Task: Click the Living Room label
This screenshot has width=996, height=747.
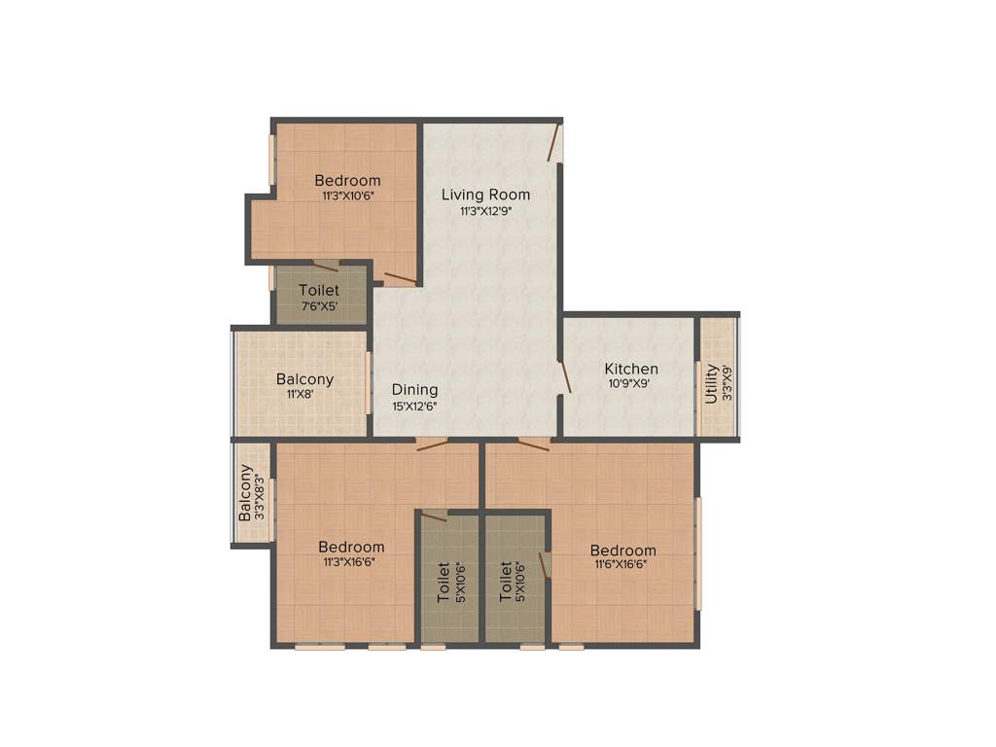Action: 485,195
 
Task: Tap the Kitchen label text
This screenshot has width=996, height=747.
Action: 631,369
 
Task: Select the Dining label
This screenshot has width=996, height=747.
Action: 414,390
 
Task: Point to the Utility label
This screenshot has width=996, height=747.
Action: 711,383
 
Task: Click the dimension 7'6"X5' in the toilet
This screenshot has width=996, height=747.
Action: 319,306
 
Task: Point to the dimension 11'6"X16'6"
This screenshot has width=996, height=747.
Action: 622,564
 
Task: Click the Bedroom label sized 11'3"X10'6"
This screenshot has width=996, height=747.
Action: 347,181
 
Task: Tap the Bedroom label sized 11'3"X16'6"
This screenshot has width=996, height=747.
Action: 351,547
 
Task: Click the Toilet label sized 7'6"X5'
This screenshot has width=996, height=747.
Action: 319,290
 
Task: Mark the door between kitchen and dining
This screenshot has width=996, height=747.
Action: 563,377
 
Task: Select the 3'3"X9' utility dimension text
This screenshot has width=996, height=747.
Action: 726,383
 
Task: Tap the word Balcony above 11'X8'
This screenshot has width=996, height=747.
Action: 304,379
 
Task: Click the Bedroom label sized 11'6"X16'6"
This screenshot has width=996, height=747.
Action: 622,550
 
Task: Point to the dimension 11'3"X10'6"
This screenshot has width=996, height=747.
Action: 348,196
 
